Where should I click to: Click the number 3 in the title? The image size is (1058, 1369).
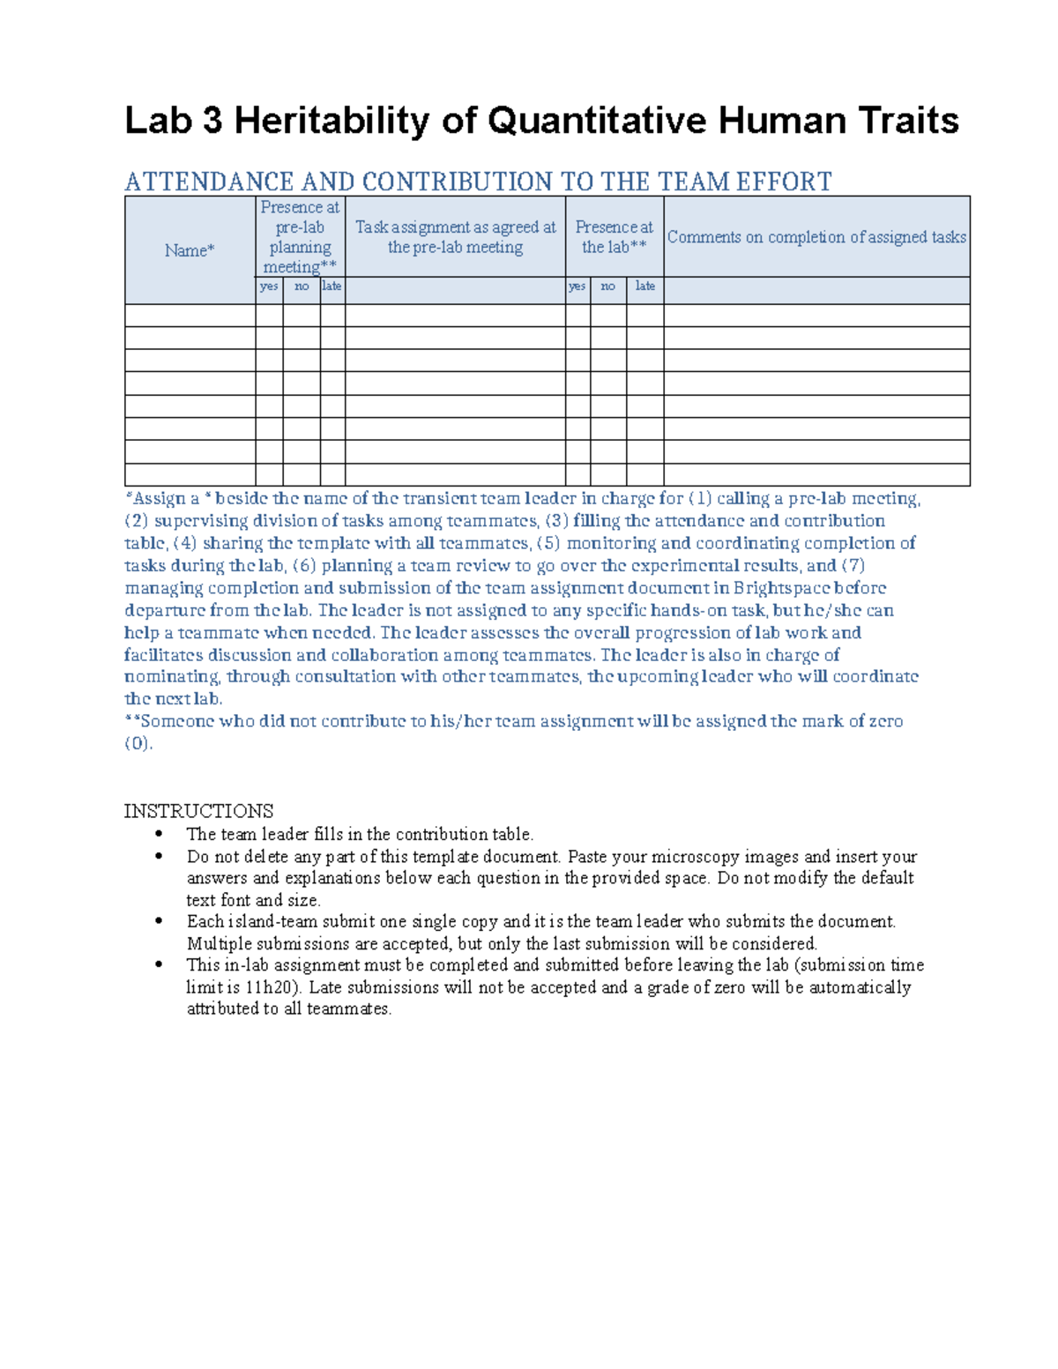click(x=212, y=121)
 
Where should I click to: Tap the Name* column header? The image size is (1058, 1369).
click(x=190, y=250)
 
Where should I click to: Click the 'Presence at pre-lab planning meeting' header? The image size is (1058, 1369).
click(x=300, y=236)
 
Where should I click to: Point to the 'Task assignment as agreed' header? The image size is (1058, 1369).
click(x=455, y=236)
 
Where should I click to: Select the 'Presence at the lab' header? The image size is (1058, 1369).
click(x=614, y=236)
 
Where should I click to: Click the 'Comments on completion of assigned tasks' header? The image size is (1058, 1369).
click(x=816, y=236)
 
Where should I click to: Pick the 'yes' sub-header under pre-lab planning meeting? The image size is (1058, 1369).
click(x=269, y=286)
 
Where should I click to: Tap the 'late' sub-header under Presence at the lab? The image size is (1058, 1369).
click(x=644, y=286)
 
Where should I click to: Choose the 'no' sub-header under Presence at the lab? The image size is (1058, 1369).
click(x=607, y=286)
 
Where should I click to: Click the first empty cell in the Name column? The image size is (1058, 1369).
click(x=190, y=316)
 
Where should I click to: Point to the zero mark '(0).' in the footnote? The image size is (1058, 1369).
click(x=138, y=743)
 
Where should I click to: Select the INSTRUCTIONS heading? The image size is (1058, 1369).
click(x=198, y=811)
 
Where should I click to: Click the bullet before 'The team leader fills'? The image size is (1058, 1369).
click(x=159, y=834)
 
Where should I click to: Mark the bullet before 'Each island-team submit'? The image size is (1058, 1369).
click(x=159, y=921)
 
